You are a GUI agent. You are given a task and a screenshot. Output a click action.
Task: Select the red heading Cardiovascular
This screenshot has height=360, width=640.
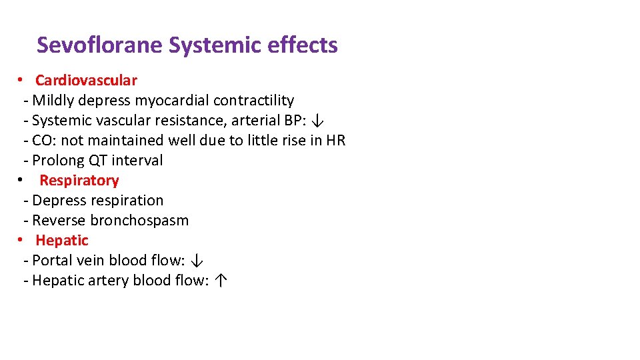click(x=86, y=81)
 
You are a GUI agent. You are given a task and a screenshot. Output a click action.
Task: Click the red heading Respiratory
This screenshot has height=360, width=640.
click(x=79, y=181)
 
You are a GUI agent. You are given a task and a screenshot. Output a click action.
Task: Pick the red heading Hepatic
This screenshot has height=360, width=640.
click(x=61, y=241)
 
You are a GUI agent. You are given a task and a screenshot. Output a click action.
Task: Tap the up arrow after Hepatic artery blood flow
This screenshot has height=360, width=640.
click(x=221, y=281)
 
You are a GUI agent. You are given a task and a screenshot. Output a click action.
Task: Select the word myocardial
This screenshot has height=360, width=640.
click(x=172, y=101)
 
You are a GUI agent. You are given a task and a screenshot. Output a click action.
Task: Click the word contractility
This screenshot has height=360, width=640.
click(x=253, y=101)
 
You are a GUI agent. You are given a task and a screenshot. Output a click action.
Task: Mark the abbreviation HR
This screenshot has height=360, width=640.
click(x=335, y=141)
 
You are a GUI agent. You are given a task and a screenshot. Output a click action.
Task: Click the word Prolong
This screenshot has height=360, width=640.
click(x=56, y=161)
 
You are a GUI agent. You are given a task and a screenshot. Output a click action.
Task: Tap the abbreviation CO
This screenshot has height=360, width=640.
click(x=41, y=141)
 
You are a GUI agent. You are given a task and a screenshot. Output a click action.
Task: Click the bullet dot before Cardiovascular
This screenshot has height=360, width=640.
click(x=21, y=80)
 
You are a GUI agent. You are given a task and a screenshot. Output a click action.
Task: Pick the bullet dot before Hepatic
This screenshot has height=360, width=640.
click(x=21, y=240)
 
